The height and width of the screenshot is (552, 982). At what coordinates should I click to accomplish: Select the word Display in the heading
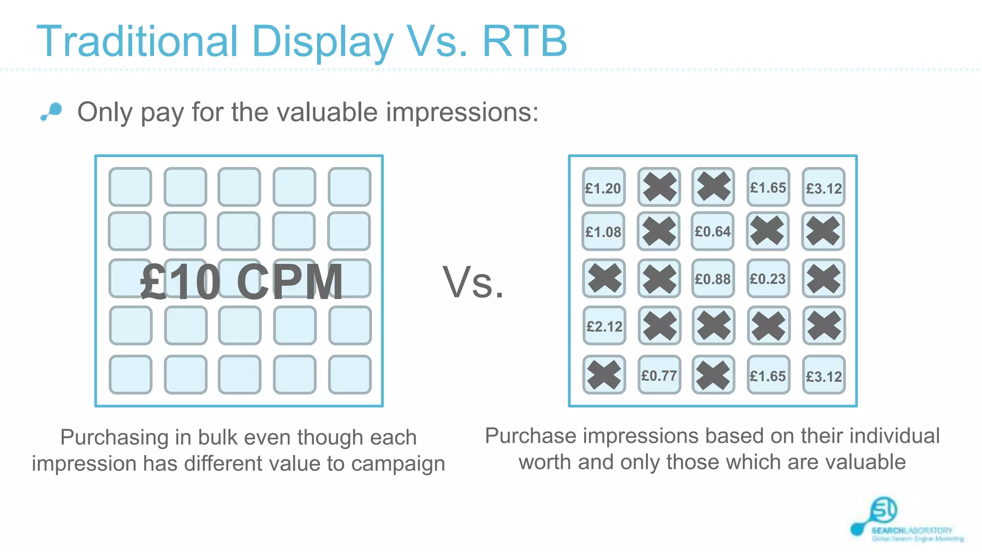click(x=322, y=42)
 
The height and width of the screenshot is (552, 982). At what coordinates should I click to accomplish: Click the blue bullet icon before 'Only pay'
click(x=52, y=112)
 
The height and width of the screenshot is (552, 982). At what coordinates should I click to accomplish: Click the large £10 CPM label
click(x=242, y=282)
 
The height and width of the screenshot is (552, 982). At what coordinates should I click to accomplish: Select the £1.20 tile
click(x=603, y=187)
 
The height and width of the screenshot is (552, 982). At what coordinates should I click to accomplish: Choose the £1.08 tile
click(x=603, y=231)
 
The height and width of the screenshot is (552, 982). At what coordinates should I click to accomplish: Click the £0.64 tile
click(x=713, y=231)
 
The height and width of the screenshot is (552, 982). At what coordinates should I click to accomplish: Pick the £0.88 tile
click(x=713, y=278)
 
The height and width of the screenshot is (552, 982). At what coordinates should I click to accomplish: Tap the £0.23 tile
click(x=768, y=278)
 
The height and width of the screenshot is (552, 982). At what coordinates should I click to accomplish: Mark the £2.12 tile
click(x=604, y=326)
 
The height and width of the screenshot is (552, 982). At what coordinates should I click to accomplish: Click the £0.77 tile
click(x=659, y=375)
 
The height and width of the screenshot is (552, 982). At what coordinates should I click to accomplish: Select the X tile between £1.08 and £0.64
click(x=658, y=231)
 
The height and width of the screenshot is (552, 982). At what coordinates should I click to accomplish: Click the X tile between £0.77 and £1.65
click(x=713, y=375)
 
